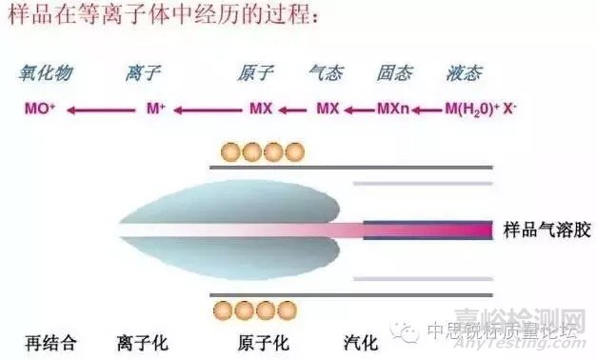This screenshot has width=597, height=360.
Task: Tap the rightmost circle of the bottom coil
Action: (x=294, y=310)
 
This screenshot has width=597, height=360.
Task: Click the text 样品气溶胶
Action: (x=543, y=230)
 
